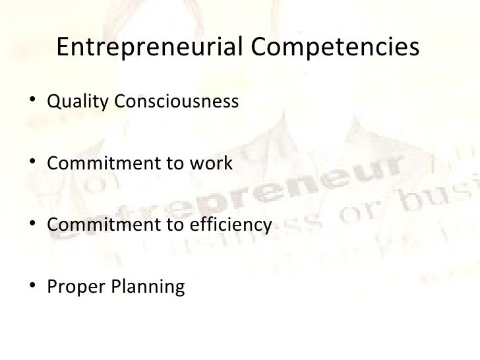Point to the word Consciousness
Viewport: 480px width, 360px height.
pos(175,102)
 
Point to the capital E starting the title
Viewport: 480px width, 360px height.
pos(65,48)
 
